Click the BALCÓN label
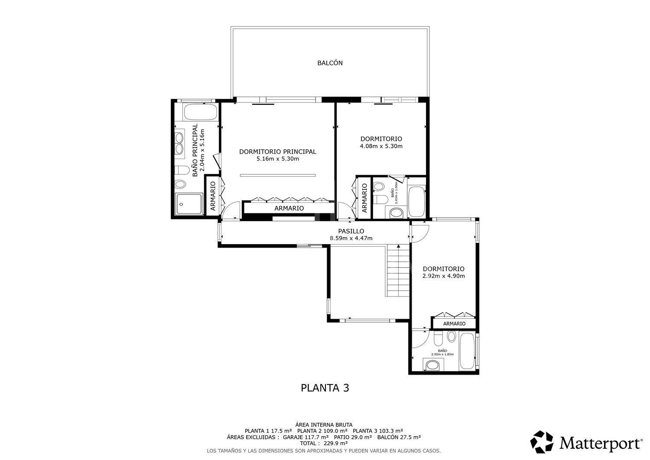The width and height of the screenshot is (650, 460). tap(330, 63)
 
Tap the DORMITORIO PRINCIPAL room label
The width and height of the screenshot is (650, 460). tap(277, 152)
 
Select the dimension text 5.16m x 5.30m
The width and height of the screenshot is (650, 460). tap(277, 159)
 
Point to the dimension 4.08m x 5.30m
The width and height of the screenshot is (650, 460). tap(381, 146)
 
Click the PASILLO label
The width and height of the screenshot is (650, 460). tap(351, 231)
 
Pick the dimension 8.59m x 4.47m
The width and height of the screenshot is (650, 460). tap(351, 238)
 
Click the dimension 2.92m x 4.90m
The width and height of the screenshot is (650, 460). tap(443, 276)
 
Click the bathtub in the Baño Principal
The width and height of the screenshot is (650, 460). tap(200, 113)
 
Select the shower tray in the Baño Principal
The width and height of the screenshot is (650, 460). tap(189, 204)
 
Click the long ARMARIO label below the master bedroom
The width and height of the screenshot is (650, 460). tap(289, 208)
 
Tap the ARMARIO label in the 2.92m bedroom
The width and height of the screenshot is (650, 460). tap(454, 324)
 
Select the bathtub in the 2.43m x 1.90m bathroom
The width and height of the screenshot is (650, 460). tap(416, 202)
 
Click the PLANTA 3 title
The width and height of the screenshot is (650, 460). tap(325, 388)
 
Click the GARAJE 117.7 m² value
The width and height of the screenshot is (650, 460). tap(305, 437)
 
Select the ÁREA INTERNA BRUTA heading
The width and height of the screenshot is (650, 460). tap(324, 424)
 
